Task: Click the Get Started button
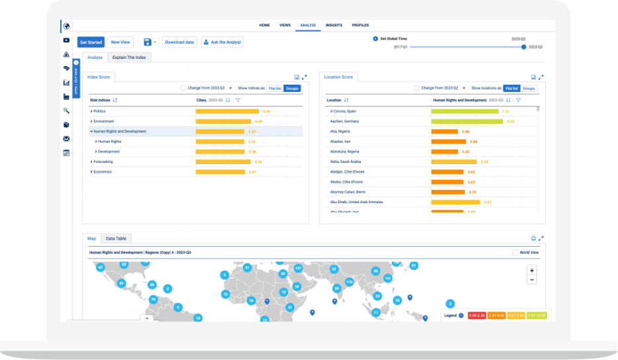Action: [91, 42]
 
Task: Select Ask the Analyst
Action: [222, 42]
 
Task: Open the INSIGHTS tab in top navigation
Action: [334, 25]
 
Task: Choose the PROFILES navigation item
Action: [361, 25]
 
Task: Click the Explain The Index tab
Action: [129, 58]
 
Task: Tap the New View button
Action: [120, 42]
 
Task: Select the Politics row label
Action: [100, 111]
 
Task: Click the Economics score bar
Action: [220, 172]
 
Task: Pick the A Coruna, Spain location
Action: [343, 111]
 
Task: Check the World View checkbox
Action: [515, 252]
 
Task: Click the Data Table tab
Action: [116, 238]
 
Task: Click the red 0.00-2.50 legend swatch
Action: [477, 316]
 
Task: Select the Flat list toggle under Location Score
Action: [511, 88]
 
